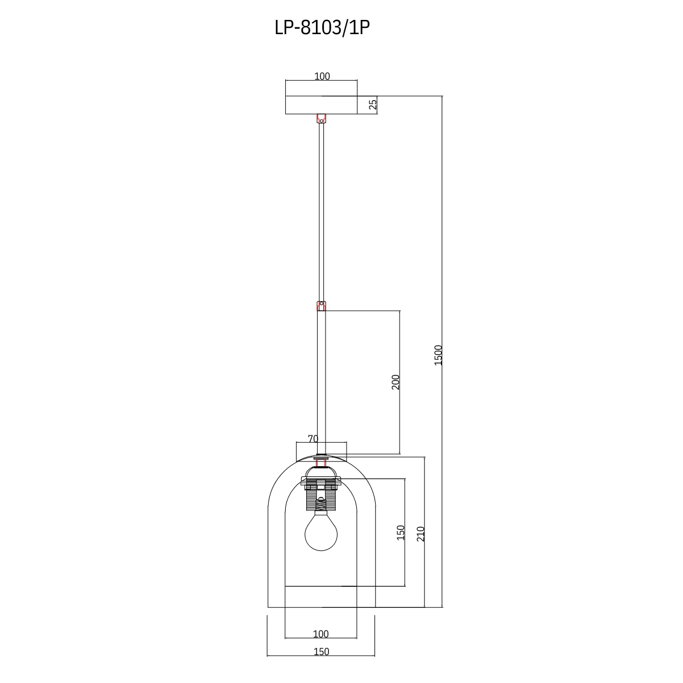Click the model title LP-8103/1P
[x=322, y=28]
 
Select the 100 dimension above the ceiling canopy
[x=322, y=76]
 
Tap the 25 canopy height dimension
[x=373, y=105]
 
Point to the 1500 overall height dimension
[x=438, y=355]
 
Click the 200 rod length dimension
[x=396, y=381]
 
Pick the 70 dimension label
[x=312, y=438]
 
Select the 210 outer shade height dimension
[x=421, y=533]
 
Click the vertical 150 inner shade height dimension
[x=400, y=532]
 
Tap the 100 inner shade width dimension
[x=320, y=633]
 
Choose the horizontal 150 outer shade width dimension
[x=321, y=652]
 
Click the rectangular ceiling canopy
[x=321, y=105]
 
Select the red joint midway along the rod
[x=321, y=306]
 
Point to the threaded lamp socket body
[x=321, y=501]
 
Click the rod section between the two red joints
[x=321, y=211]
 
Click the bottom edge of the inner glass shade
[x=321, y=586]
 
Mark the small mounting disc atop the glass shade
[x=321, y=456]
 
